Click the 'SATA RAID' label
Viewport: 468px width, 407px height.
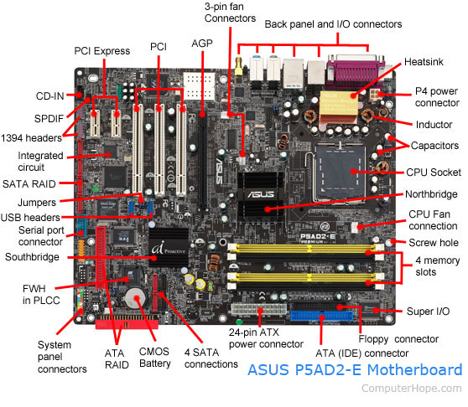(29, 182)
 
